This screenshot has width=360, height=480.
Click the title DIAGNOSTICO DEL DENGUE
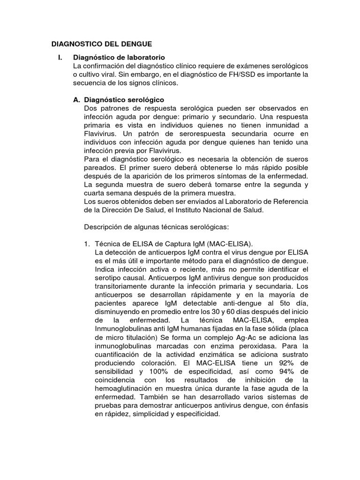tap(101, 44)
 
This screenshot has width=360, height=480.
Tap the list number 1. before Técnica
tap(87, 243)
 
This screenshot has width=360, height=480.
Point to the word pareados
tap(98, 167)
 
